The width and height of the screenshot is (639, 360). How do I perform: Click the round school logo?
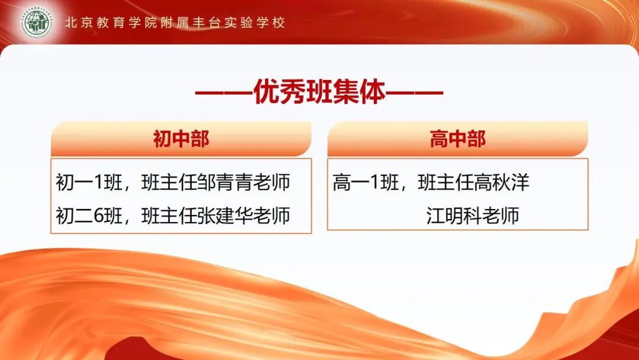pyautogui.click(x=37, y=24)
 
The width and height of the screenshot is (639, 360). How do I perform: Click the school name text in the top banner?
pyautogui.click(x=175, y=23)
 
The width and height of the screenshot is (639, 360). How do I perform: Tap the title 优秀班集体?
pyautogui.click(x=319, y=93)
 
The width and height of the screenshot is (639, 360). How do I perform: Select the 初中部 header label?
pyautogui.click(x=181, y=139)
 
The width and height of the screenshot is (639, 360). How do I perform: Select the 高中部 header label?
pyautogui.click(x=457, y=139)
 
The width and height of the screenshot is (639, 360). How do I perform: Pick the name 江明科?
pyautogui.click(x=449, y=216)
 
